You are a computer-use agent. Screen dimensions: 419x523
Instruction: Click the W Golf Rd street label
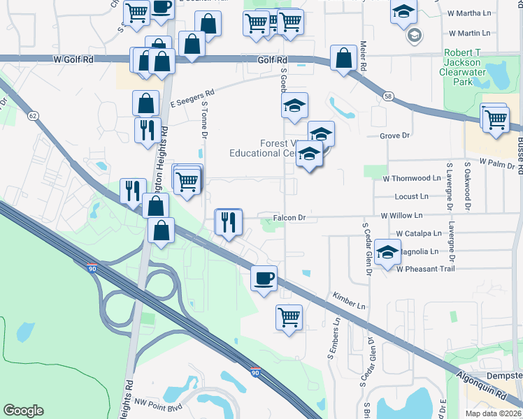coord(73,60)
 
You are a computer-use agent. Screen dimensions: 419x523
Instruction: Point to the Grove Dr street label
coord(394,135)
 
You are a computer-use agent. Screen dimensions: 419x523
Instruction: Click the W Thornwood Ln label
coord(413,178)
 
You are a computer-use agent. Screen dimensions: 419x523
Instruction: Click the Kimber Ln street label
coord(350,302)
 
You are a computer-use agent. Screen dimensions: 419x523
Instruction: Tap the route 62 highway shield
coord(32,115)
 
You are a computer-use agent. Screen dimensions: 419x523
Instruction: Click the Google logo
coord(24,411)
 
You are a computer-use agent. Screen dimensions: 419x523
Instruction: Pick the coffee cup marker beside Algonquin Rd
coord(264,279)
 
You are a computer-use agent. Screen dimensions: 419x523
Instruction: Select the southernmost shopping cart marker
coord(289,316)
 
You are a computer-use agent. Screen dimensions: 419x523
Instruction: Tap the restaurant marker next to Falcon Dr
coord(228,222)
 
